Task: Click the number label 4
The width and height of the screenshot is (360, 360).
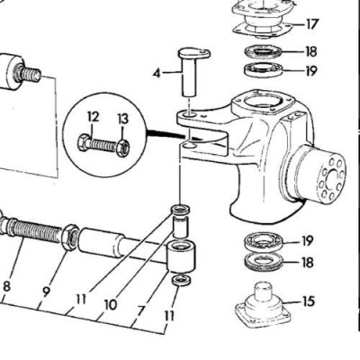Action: point(157,72)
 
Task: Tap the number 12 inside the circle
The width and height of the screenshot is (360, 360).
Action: point(94,116)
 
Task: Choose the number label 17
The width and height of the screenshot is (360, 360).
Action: point(311,23)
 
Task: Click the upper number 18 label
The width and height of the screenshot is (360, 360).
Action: point(311,51)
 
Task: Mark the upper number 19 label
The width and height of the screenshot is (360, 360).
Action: point(311,70)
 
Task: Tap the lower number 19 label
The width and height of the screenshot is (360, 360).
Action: point(308,240)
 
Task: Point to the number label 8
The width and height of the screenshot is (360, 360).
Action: point(7,287)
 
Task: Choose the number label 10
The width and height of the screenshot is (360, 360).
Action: point(110,305)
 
